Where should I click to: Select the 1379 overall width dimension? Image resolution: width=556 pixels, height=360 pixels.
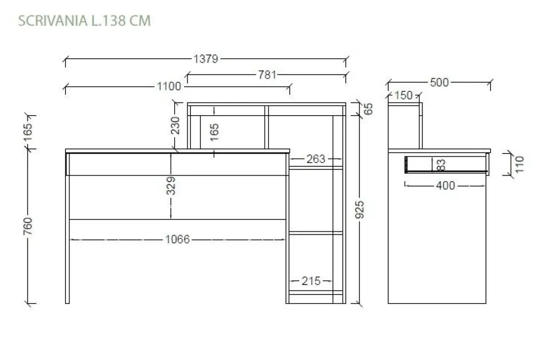[x=206, y=59]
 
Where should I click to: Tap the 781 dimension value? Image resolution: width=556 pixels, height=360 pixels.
[x=267, y=75]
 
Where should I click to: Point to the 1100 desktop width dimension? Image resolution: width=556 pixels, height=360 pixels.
[x=169, y=86]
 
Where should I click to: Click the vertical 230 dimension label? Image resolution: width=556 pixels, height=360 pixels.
[x=175, y=125]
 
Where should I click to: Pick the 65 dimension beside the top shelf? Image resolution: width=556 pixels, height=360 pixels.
[x=369, y=109]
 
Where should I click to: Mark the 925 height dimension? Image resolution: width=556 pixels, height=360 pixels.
[x=359, y=209]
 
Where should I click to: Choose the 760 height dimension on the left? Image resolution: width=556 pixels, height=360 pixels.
[x=28, y=226]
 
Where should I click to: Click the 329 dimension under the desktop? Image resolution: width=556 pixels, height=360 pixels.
[x=171, y=186]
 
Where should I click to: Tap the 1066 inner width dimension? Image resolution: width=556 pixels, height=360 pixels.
[x=178, y=240]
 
